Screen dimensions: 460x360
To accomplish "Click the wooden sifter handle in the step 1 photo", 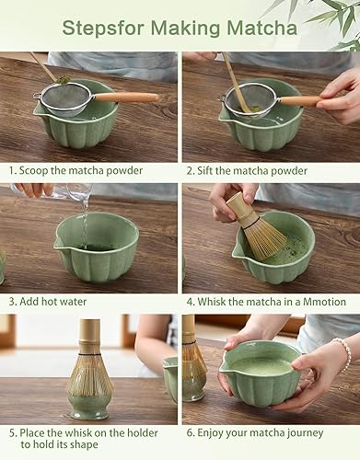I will tap(125, 97).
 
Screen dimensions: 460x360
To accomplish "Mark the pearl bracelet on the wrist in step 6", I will tap(345, 351).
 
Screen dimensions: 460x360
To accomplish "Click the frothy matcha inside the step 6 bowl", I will tap(261, 365).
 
